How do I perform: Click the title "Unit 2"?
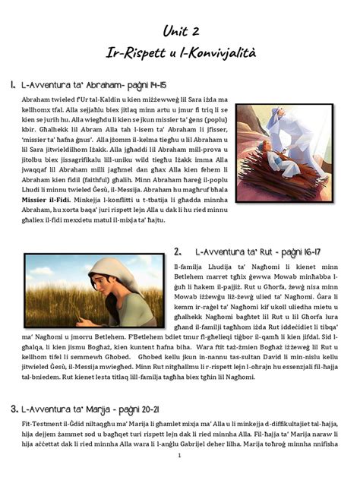coord(180,30)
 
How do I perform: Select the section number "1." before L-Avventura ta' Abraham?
coord(13,85)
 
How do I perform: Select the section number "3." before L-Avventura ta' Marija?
coord(13,409)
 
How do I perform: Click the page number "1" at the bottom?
coord(178,456)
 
